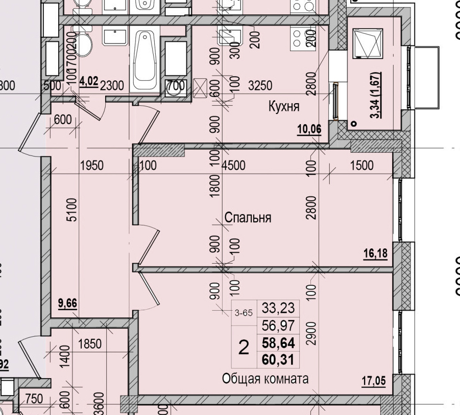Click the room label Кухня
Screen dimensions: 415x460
[284, 107]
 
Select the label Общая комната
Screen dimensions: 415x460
[265, 379]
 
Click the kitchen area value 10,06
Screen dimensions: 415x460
[309, 129]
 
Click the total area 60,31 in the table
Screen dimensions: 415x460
[278, 360]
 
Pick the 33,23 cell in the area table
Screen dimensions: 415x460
[278, 308]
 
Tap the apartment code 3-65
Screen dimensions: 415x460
[244, 314]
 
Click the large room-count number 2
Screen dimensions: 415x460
[244, 349]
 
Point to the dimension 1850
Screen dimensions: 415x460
[90, 343]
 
